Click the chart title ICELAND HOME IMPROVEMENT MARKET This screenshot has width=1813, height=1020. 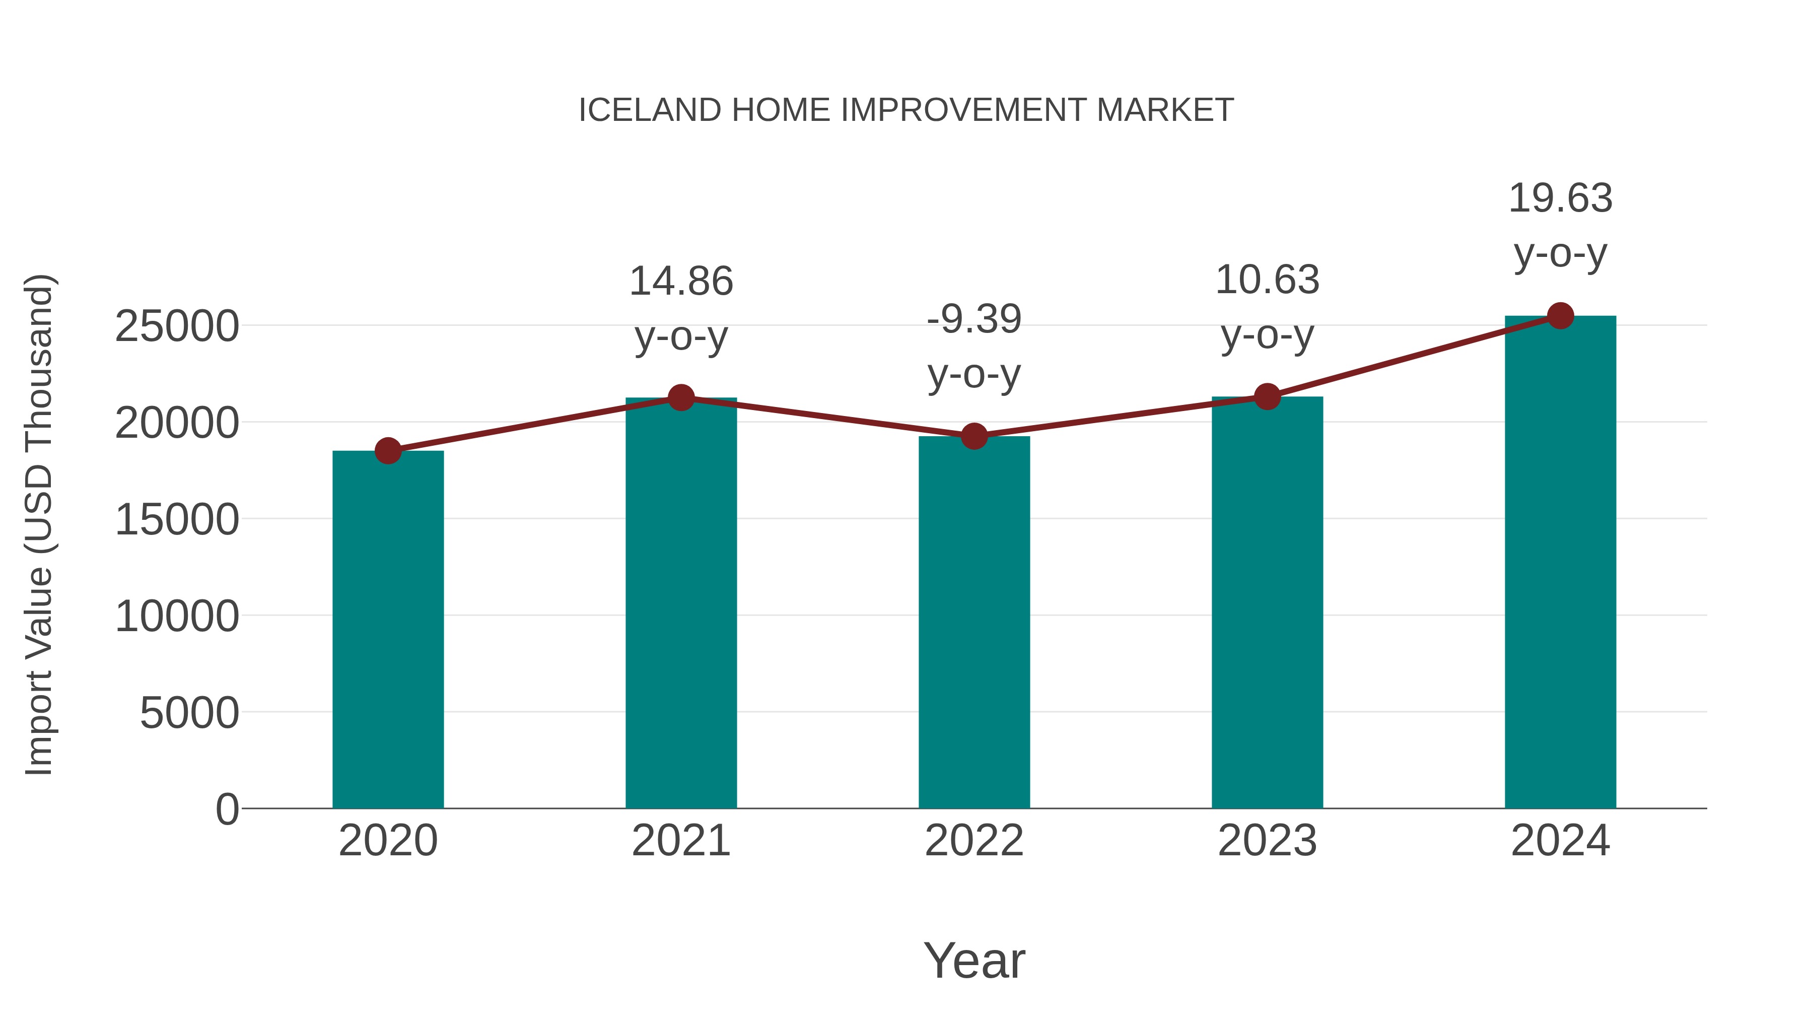pos(906,110)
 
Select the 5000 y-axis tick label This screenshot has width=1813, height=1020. pos(189,713)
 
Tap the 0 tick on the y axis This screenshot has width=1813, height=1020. pos(227,809)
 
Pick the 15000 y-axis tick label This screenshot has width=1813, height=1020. pos(177,520)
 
